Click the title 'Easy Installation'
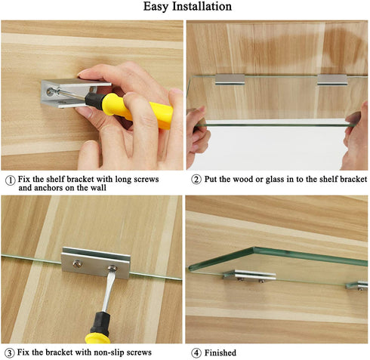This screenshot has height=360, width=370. [187, 7]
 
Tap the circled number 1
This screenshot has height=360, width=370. [10, 180]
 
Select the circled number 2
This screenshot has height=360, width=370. [196, 180]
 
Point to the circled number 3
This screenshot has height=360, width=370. [10, 353]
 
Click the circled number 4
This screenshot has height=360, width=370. [196, 353]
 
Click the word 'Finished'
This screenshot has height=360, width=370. [220, 353]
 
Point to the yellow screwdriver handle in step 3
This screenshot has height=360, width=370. [97, 339]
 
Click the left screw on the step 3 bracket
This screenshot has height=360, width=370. [77, 263]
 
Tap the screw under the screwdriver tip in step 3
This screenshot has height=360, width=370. [112, 268]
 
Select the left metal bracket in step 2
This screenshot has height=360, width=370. [230, 79]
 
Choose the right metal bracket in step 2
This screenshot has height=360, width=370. [332, 80]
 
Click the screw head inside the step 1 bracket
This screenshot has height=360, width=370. [51, 92]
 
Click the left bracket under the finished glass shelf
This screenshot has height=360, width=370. [249, 275]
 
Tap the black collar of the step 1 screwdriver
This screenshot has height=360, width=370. [94, 101]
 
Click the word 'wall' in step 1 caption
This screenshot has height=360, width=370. [97, 188]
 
